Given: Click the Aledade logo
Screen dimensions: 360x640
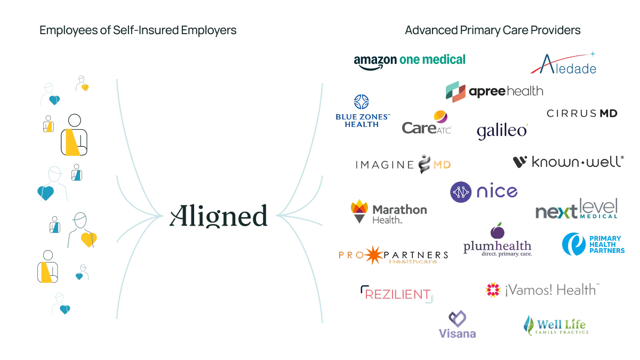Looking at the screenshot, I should click(x=563, y=64).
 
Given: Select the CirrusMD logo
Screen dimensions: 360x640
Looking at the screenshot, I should click(x=582, y=114).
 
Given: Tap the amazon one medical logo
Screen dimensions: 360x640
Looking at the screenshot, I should click(x=410, y=59).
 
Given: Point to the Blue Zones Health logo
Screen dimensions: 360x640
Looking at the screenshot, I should click(x=362, y=111).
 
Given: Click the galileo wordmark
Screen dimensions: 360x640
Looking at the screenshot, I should click(x=501, y=130).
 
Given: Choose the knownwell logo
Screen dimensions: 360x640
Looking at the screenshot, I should click(x=566, y=162).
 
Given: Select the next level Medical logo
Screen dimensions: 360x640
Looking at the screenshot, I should click(x=576, y=209).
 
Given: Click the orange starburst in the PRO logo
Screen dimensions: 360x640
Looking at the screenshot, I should click(x=373, y=255).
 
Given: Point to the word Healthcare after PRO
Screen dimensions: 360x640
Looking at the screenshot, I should click(x=413, y=261).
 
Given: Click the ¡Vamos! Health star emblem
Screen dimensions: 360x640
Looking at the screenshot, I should click(x=492, y=290).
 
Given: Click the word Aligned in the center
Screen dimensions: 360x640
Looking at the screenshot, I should click(x=220, y=216).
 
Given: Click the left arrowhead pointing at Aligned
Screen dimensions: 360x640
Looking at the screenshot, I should click(x=158, y=214).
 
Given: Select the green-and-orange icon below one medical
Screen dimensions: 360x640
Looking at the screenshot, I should click(x=456, y=93).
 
